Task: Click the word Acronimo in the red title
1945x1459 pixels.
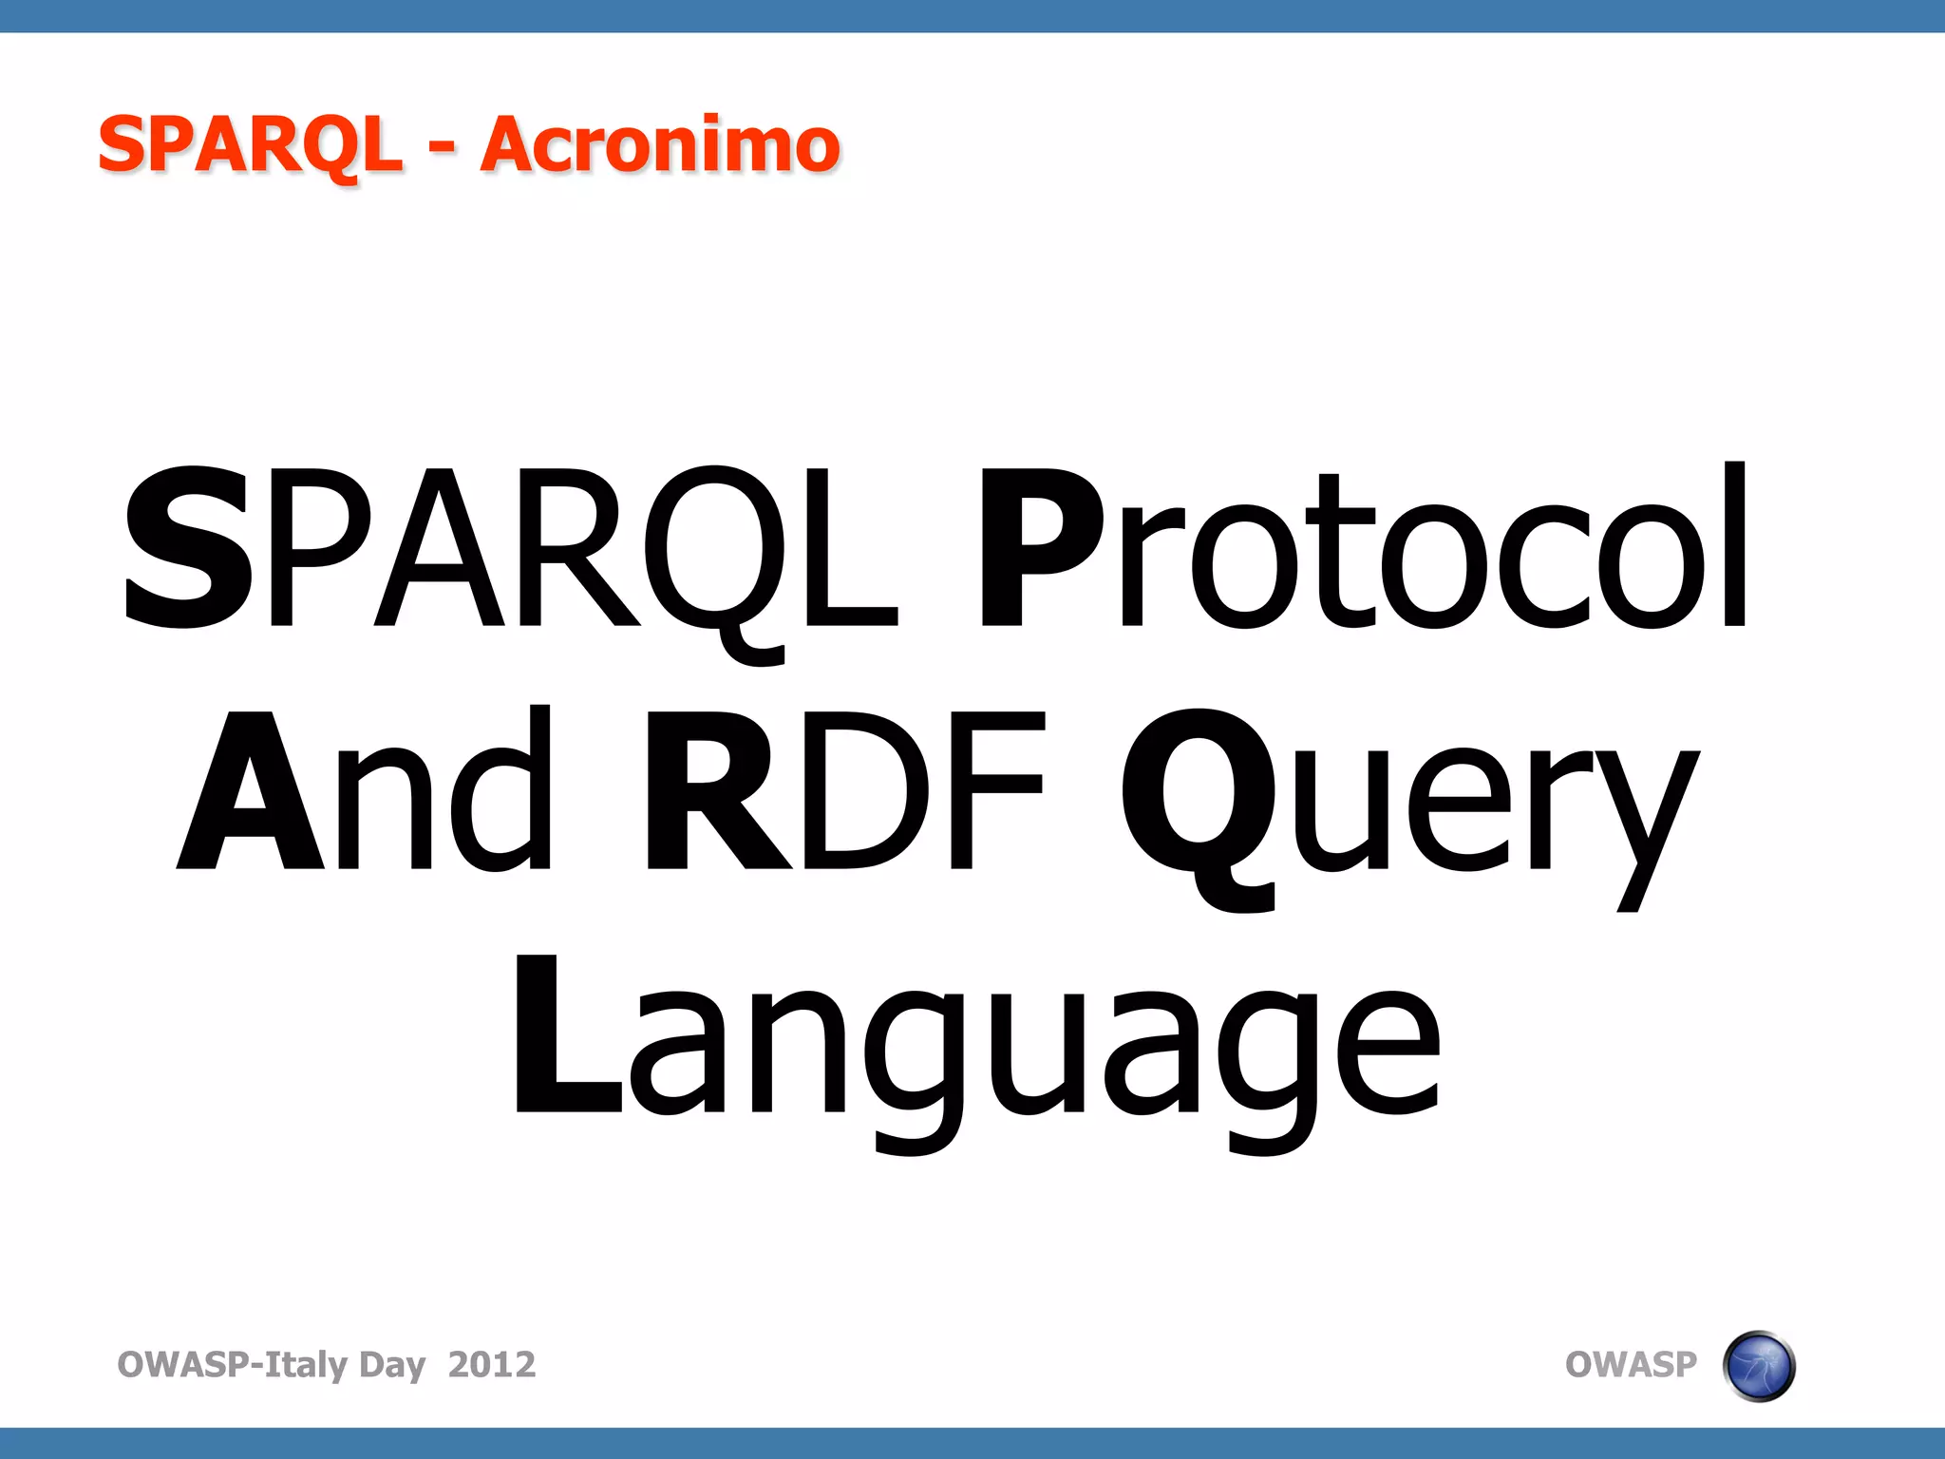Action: click(x=660, y=144)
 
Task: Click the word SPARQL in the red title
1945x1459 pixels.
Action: click(x=251, y=144)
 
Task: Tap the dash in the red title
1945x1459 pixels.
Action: click(x=441, y=148)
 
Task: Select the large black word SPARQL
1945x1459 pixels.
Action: click(x=510, y=549)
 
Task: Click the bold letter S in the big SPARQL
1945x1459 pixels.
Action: click(x=188, y=549)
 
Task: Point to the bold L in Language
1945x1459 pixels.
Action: click(x=566, y=1035)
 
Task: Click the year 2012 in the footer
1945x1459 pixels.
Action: click(x=492, y=1364)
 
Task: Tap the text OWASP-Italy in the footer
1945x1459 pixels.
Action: click(x=233, y=1364)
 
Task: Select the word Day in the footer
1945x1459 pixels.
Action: click(x=392, y=1366)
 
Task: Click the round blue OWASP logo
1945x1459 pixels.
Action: click(x=1758, y=1366)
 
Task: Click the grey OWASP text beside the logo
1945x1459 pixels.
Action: click(x=1631, y=1364)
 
